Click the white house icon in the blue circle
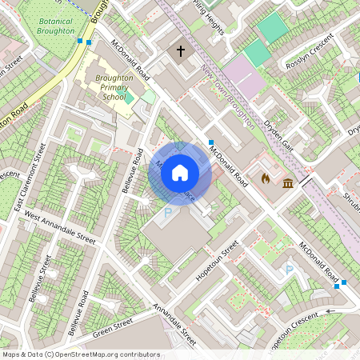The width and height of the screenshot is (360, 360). click(180, 173)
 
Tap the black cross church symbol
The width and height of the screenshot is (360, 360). click(180, 51)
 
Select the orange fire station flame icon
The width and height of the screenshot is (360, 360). click(266, 178)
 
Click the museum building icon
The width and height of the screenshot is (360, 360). click(286, 185)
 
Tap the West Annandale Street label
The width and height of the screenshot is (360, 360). click(59, 227)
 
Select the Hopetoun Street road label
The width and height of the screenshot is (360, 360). click(218, 260)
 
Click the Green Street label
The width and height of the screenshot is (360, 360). click(113, 329)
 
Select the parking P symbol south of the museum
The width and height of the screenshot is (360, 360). click(290, 270)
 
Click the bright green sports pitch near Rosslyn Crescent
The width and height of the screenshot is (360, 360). click(273, 28)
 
